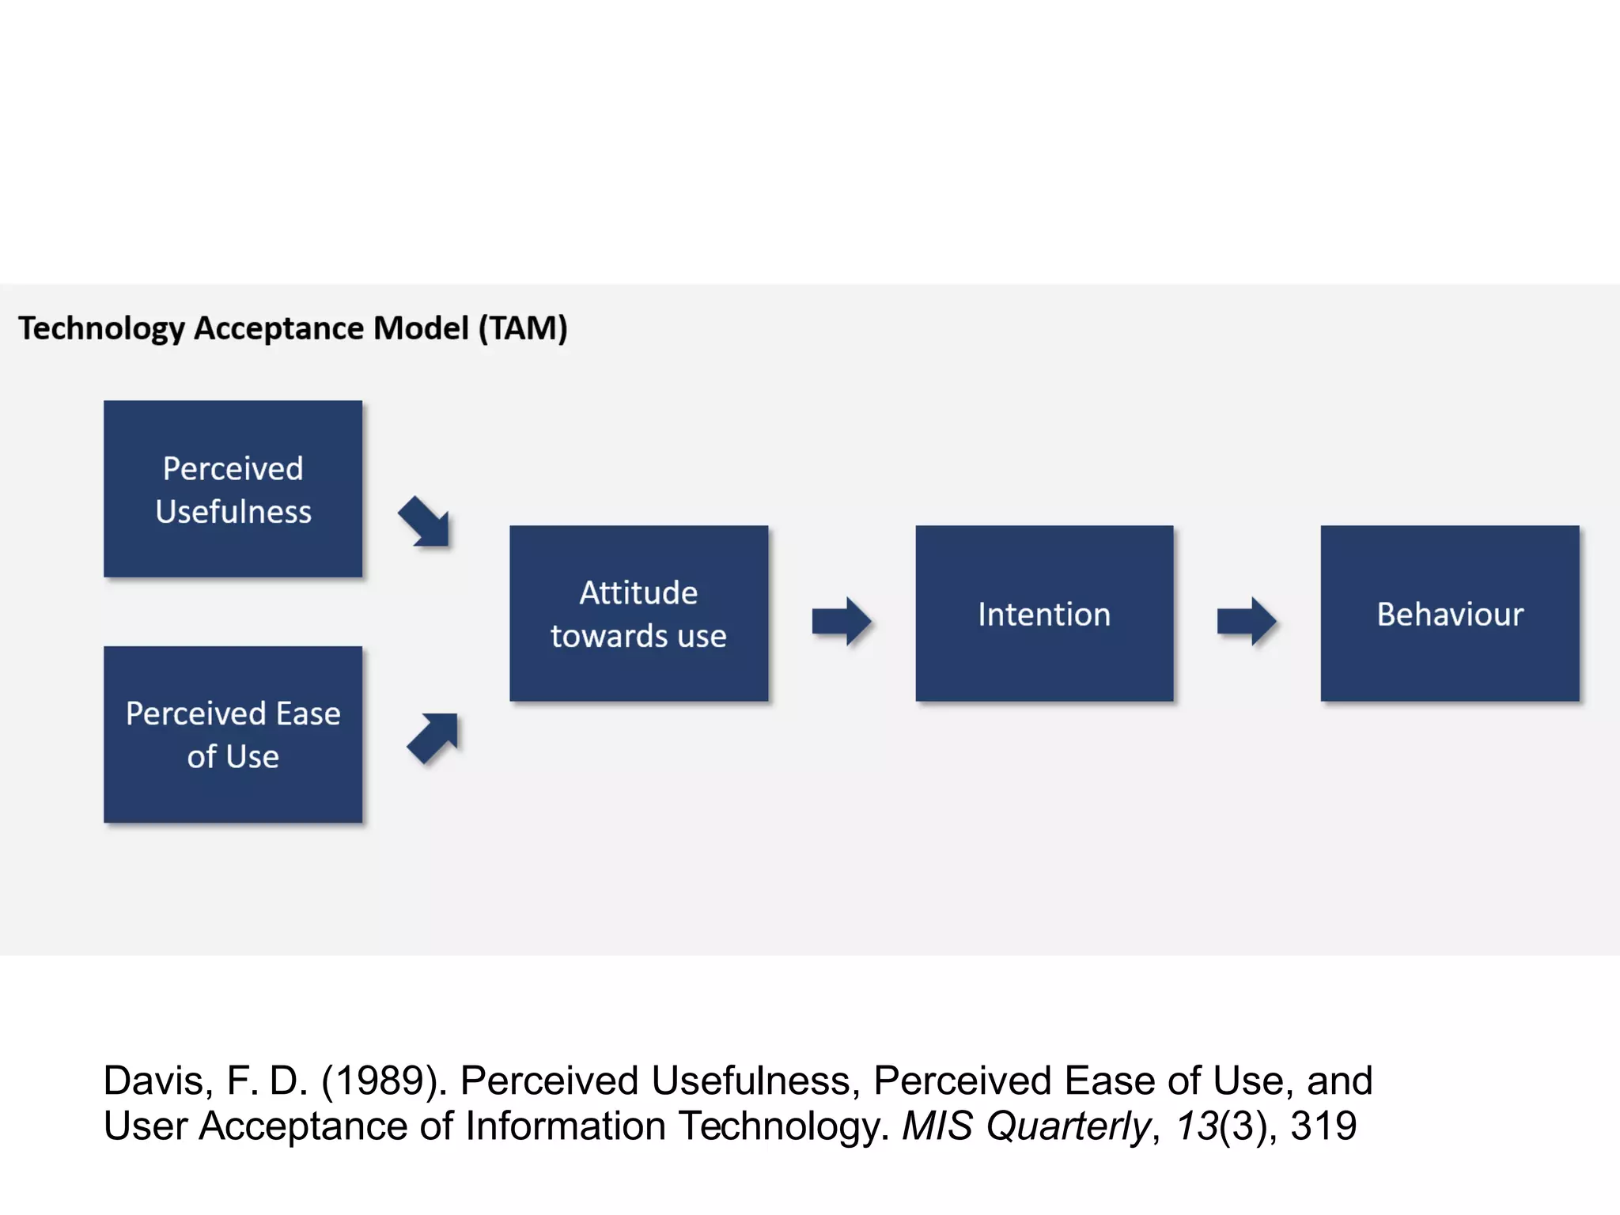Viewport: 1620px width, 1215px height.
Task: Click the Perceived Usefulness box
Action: tap(233, 489)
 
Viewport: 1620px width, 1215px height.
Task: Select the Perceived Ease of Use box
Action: tap(233, 734)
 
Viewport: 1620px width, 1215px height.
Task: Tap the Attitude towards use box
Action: tap(638, 613)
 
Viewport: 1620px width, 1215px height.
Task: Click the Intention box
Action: tap(1044, 613)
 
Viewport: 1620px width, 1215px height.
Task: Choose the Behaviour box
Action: tap(1449, 613)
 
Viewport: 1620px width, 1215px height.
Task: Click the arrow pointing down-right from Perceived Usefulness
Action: tap(426, 522)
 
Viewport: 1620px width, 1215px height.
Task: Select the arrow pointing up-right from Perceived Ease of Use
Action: tap(433, 737)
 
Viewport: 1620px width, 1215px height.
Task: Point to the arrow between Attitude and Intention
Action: tap(842, 621)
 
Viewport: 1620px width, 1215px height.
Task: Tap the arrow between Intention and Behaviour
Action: tap(1247, 621)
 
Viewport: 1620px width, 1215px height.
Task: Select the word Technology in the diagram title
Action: tap(101, 328)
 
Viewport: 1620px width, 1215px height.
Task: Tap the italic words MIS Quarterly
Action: tap(1025, 1126)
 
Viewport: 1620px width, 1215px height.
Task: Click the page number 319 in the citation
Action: tap(1323, 1126)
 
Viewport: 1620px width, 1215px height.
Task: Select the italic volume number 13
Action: tap(1196, 1126)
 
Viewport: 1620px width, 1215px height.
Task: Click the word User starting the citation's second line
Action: tap(145, 1126)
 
